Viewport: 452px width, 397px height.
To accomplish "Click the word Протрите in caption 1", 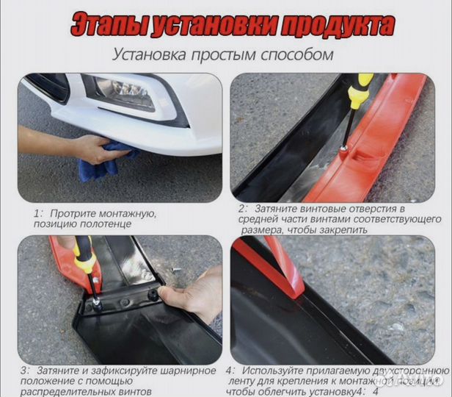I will (73, 213).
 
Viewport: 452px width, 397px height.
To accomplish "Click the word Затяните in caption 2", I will (275, 210).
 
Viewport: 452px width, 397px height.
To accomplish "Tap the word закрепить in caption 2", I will (344, 230).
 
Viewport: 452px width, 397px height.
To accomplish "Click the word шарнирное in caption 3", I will (186, 371).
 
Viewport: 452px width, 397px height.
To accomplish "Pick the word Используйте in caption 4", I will (271, 371).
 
